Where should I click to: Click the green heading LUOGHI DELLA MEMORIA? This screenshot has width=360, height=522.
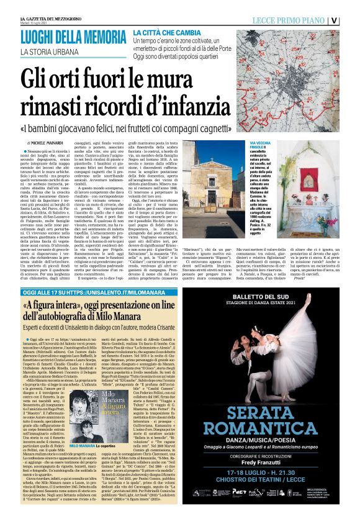(x=73, y=34)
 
